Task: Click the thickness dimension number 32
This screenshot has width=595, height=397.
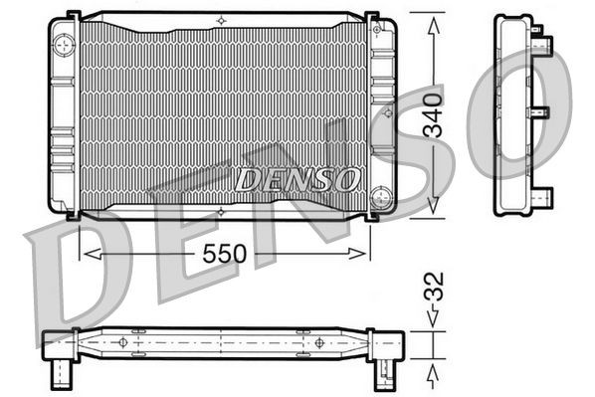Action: click(432, 295)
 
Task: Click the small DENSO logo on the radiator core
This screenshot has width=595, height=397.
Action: click(297, 179)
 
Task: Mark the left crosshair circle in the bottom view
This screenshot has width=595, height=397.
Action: click(123, 341)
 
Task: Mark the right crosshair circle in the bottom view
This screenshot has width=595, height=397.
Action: click(318, 341)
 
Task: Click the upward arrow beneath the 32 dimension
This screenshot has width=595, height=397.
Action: click(432, 376)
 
